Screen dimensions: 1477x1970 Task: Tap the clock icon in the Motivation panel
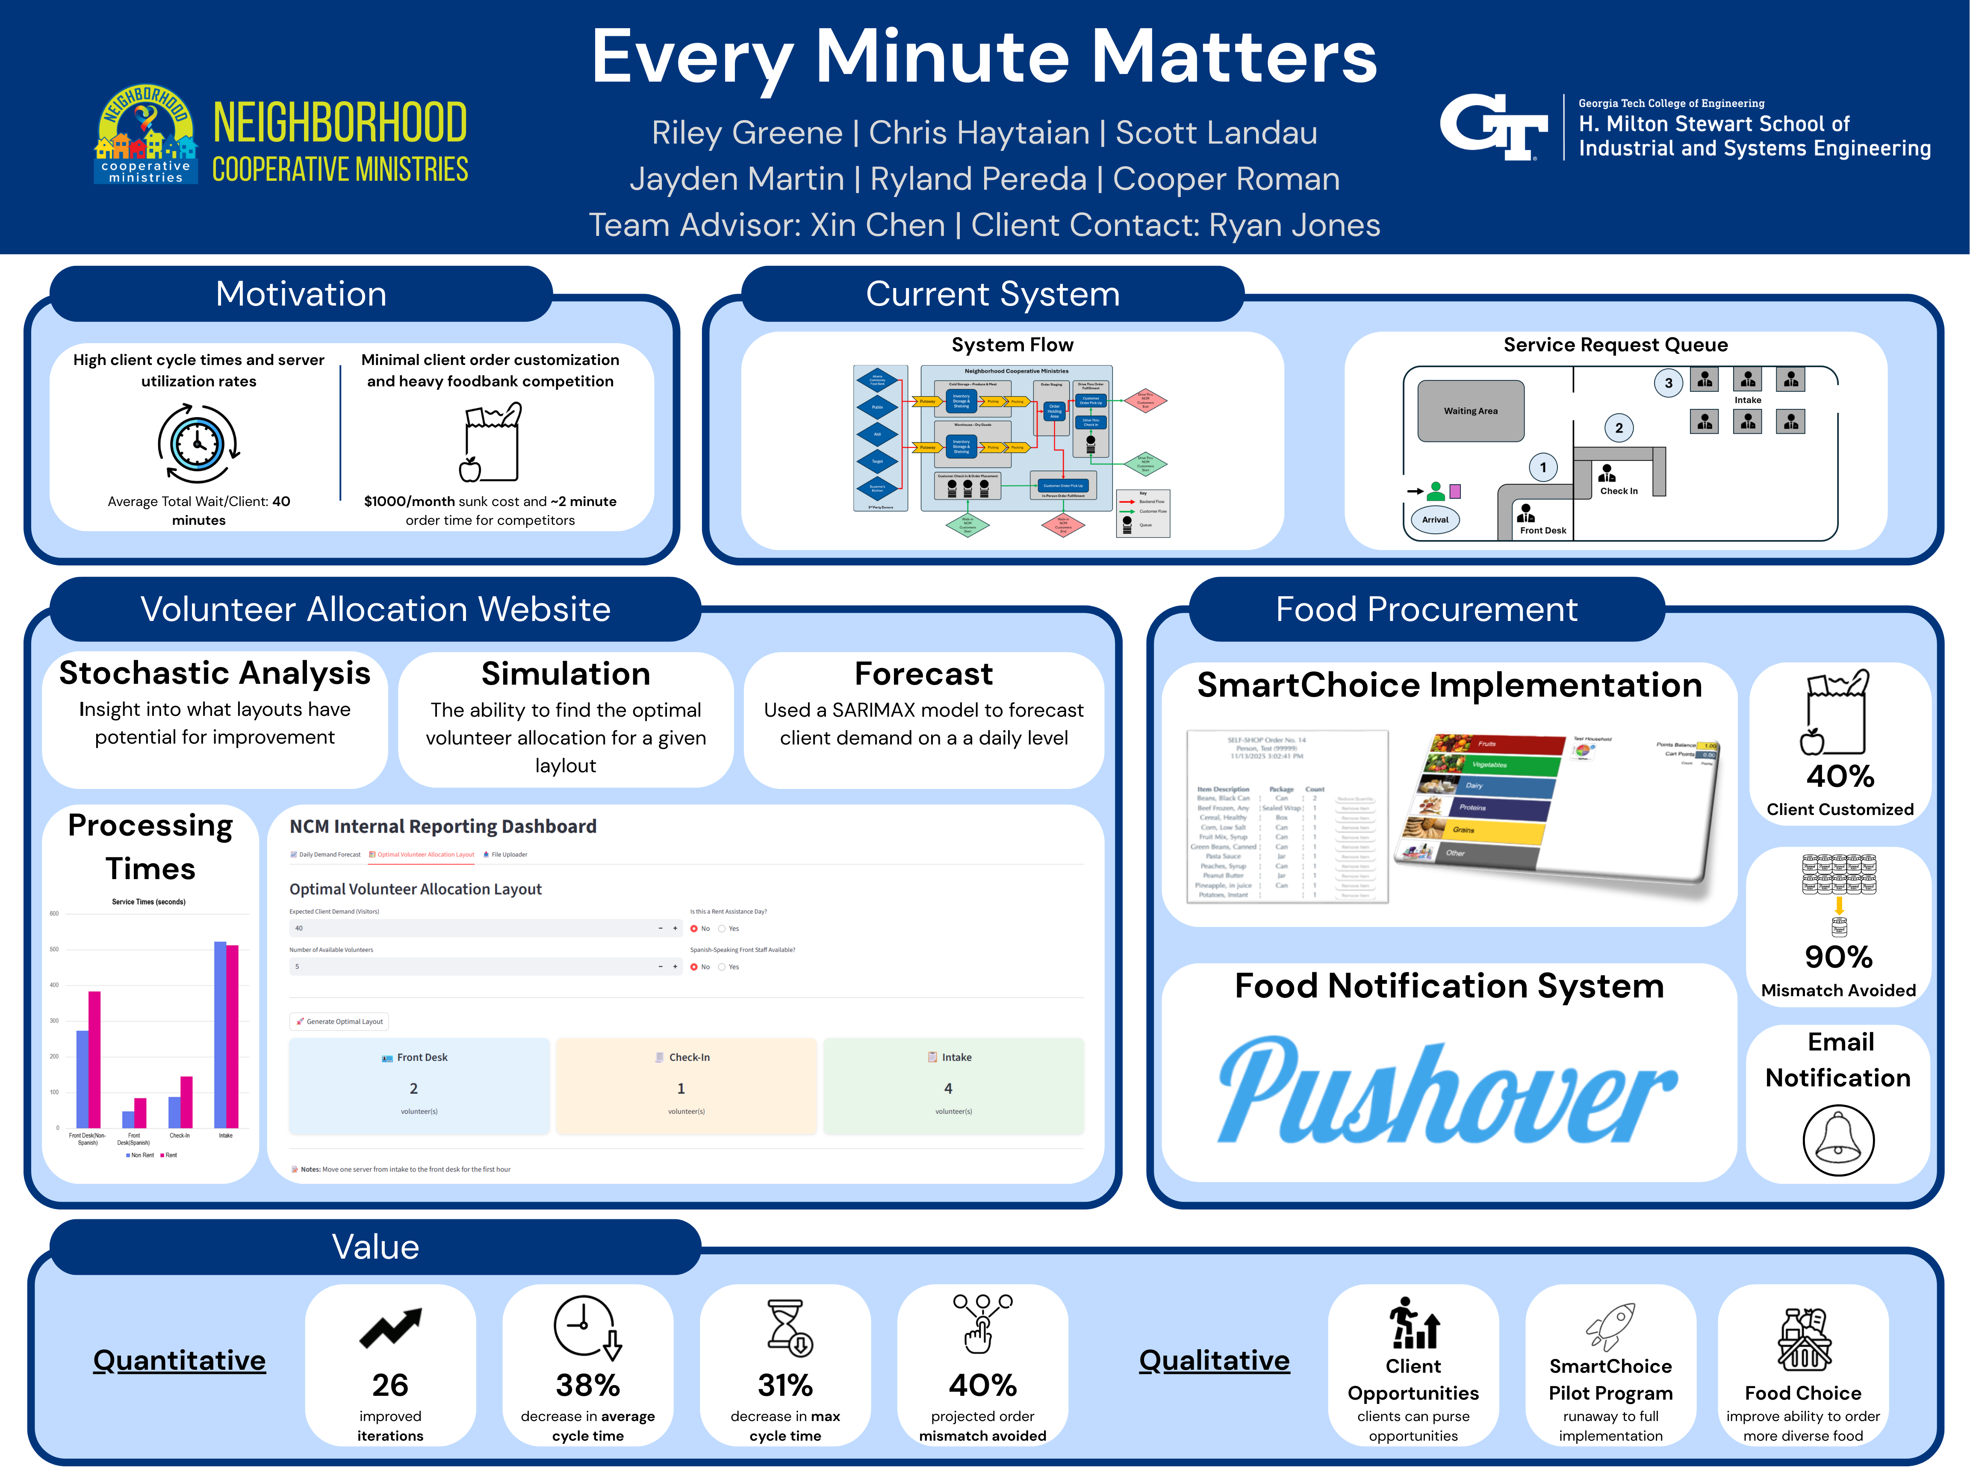[198, 442]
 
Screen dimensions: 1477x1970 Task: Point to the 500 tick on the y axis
[54, 949]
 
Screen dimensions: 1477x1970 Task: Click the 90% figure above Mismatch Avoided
[1838, 957]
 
